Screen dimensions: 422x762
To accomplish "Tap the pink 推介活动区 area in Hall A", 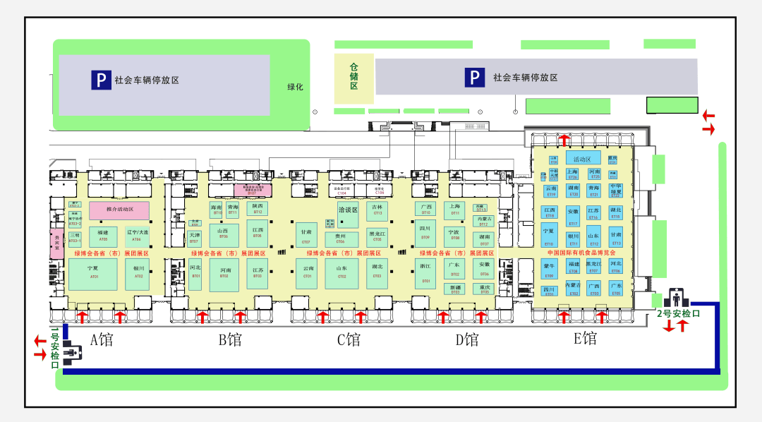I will coord(119,210).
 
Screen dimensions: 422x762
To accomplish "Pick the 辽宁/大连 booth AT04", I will coord(137,234).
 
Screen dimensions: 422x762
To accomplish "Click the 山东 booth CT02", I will coord(341,273).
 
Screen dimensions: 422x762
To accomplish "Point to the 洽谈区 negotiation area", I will coord(349,210).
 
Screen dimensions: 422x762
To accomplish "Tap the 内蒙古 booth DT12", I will coord(483,222).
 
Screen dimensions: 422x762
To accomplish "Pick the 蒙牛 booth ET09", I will coord(550,268).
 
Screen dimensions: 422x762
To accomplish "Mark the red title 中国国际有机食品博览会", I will coord(581,253).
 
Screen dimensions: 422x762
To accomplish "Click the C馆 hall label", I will coord(349,340).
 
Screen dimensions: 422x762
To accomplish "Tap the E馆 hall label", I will coord(585,339).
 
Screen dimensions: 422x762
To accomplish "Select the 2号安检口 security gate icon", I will coord(677,297).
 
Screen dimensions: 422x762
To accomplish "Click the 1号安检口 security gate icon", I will coord(71,351).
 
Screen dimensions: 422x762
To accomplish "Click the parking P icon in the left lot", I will coord(101,80).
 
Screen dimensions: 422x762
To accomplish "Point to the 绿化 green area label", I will coord(294,88).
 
